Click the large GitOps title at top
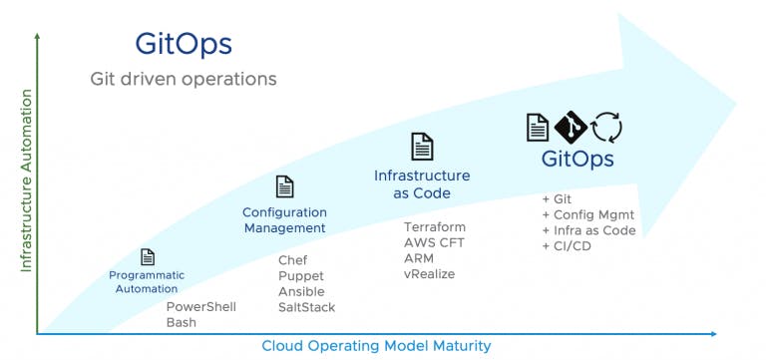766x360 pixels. point(184,44)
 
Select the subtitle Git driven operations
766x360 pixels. point(184,78)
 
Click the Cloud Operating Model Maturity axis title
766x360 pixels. point(376,346)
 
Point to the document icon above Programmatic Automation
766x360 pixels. point(148,257)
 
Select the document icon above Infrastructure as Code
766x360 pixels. point(422,146)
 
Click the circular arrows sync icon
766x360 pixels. point(606,128)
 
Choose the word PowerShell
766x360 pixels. point(200,307)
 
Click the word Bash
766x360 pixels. point(181,323)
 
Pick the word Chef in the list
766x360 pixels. point(292,260)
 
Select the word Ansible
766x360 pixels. point(301,291)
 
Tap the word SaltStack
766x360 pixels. point(306,307)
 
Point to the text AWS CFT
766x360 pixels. point(434,242)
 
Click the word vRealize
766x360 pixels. point(429,273)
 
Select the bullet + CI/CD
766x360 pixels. point(568,246)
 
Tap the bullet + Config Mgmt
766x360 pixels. point(587,214)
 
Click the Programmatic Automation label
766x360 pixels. point(147,281)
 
